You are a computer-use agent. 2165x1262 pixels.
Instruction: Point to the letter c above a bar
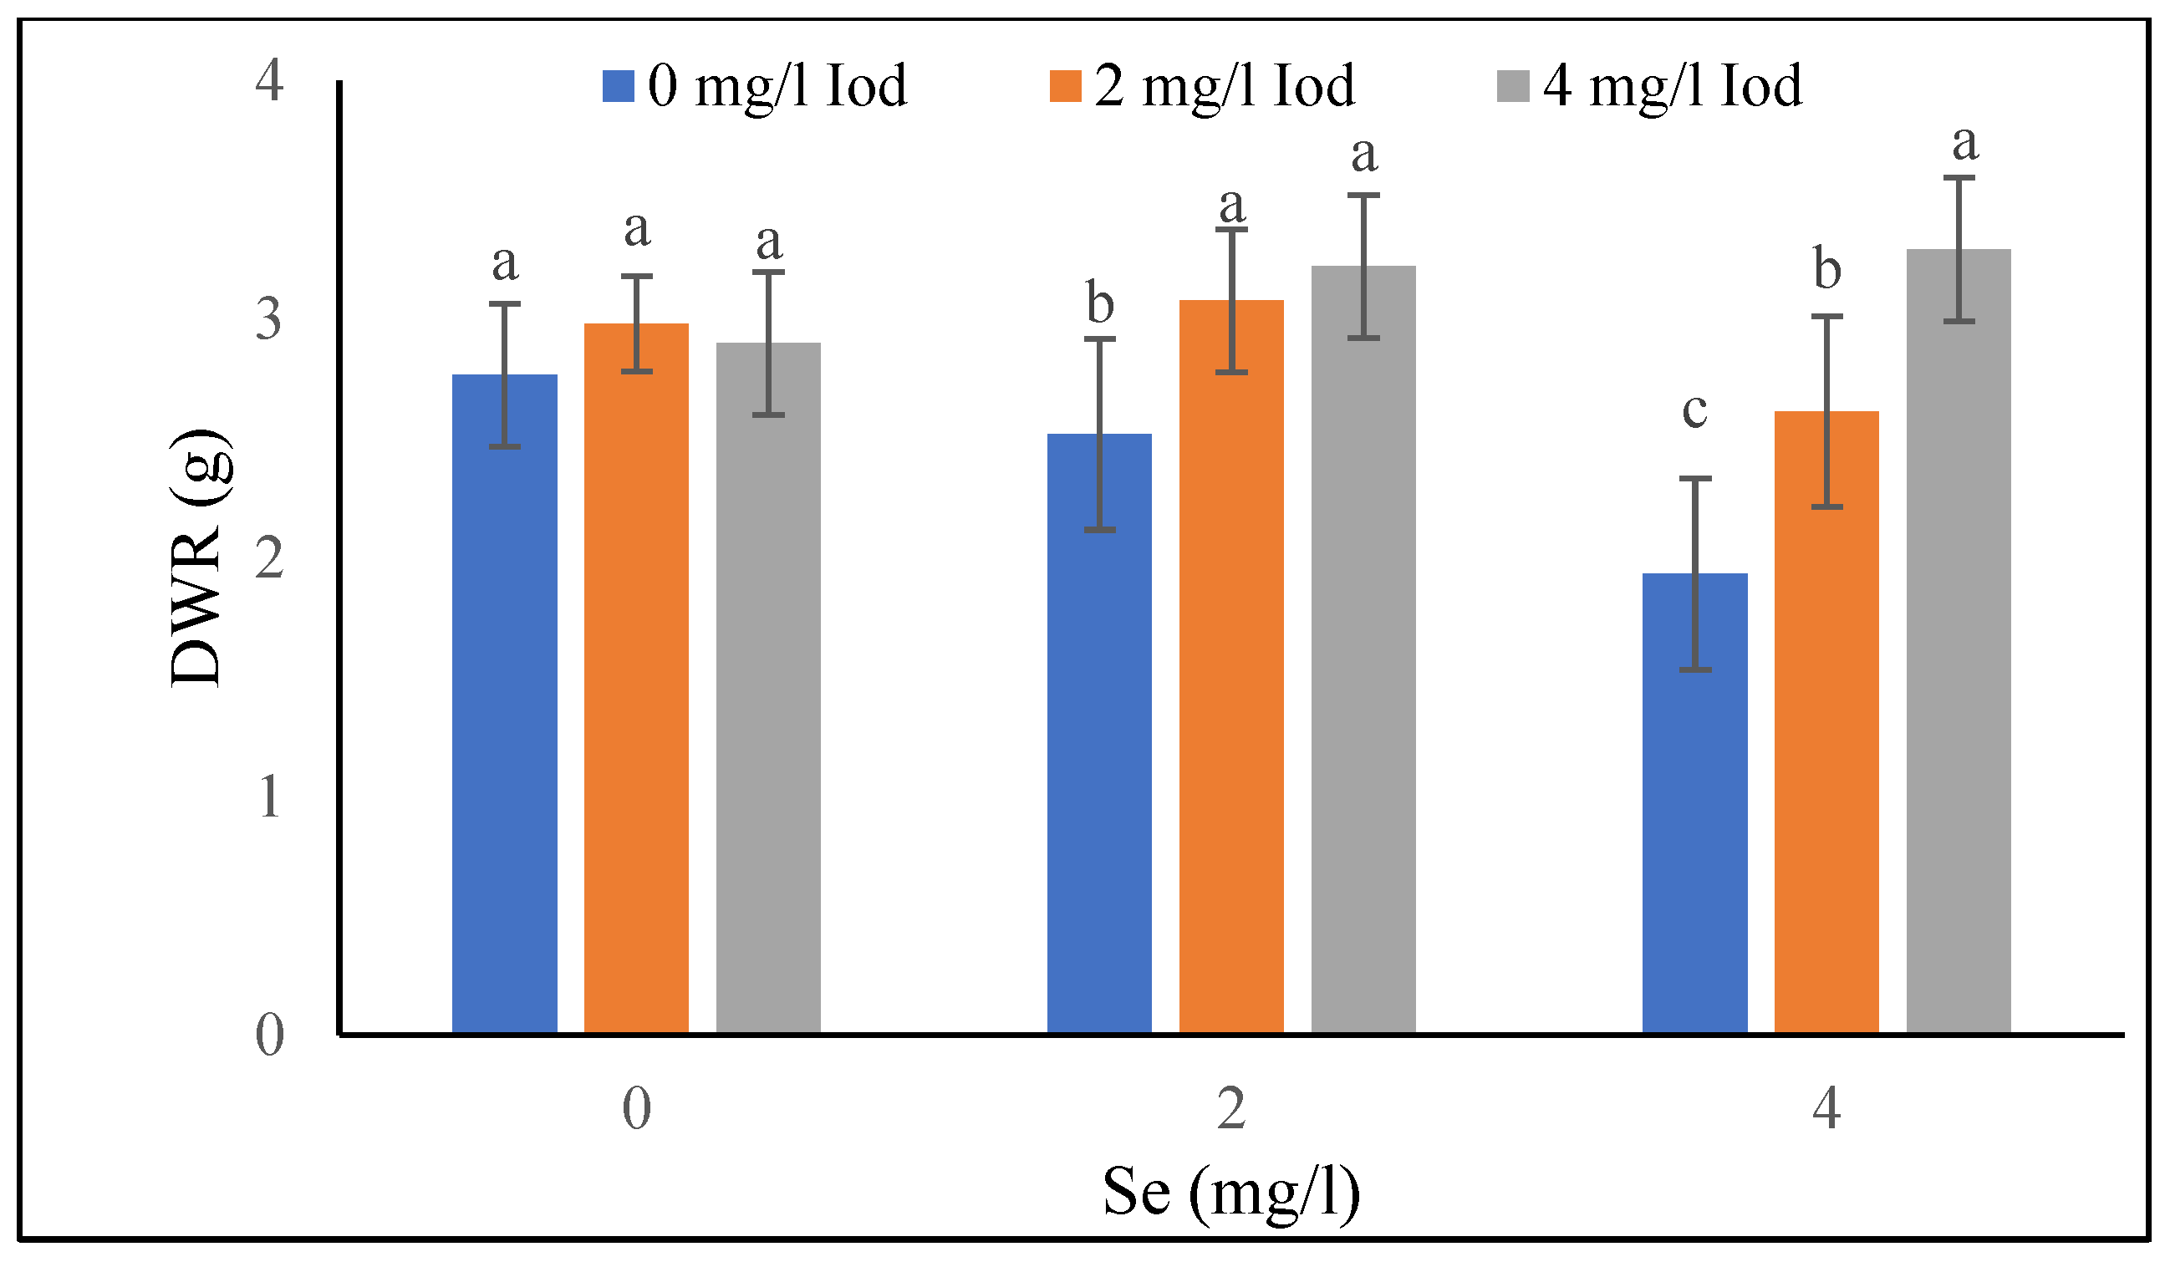coord(1694,410)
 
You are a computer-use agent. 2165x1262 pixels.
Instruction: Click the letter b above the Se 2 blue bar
coord(1100,303)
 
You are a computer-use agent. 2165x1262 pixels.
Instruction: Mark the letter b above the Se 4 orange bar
coord(1827,268)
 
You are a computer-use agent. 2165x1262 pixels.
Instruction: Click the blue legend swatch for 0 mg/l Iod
coord(618,86)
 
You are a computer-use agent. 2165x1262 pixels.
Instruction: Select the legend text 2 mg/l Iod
coord(1225,86)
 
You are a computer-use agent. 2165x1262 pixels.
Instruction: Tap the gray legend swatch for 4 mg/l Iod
coord(1513,86)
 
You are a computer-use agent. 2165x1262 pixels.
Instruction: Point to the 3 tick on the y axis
coord(269,319)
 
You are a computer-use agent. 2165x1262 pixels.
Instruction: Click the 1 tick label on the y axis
coord(269,797)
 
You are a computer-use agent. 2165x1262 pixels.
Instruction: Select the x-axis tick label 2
coord(1231,1108)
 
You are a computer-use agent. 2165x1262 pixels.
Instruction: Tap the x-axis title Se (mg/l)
coord(1231,1193)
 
